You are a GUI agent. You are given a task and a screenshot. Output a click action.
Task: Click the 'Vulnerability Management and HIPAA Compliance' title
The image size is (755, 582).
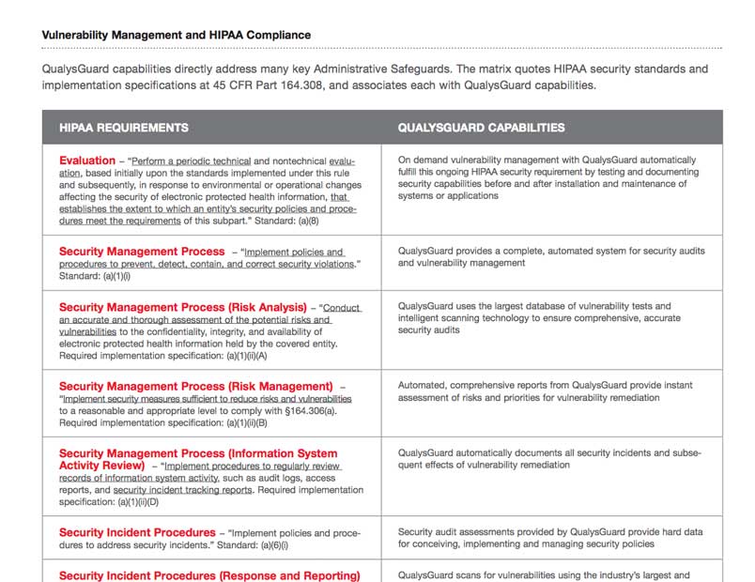(x=176, y=35)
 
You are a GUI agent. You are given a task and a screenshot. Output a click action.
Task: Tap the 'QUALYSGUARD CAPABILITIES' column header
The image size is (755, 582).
(x=481, y=128)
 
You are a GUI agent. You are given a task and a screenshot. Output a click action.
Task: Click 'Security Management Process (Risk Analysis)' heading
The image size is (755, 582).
(x=182, y=307)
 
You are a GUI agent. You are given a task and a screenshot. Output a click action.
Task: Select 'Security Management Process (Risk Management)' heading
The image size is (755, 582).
(x=195, y=386)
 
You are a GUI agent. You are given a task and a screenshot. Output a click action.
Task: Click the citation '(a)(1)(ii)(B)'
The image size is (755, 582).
(x=236, y=423)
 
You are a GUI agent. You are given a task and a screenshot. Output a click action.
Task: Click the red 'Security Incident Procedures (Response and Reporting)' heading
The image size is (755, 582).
(x=208, y=575)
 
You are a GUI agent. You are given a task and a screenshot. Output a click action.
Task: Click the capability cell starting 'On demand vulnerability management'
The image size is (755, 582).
(x=547, y=178)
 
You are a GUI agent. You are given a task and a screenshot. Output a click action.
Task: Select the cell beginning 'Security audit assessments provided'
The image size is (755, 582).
(x=549, y=538)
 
